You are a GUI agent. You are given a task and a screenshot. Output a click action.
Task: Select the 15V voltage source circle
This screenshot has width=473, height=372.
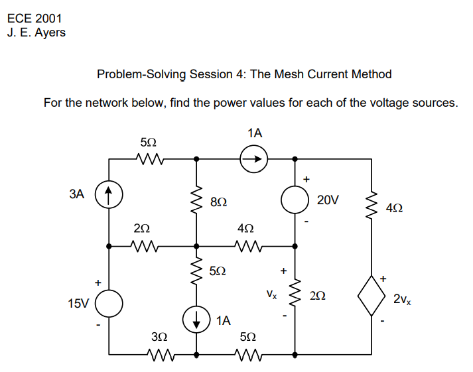(110, 304)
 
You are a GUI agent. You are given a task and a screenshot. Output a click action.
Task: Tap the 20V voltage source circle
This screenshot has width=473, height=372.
(295, 200)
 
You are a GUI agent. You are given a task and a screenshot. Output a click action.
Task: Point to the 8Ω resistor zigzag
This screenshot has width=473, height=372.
(196, 200)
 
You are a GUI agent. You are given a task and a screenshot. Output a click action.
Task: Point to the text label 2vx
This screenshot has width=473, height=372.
(402, 300)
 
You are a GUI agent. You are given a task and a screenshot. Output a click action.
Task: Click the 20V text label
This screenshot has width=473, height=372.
(329, 200)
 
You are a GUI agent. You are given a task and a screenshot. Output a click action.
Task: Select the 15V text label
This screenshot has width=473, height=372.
(78, 304)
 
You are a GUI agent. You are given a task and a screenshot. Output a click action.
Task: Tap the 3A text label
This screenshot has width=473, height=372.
(78, 194)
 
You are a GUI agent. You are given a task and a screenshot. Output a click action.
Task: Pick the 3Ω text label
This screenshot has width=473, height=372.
(159, 338)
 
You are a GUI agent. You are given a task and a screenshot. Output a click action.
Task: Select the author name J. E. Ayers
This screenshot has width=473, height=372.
(36, 32)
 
